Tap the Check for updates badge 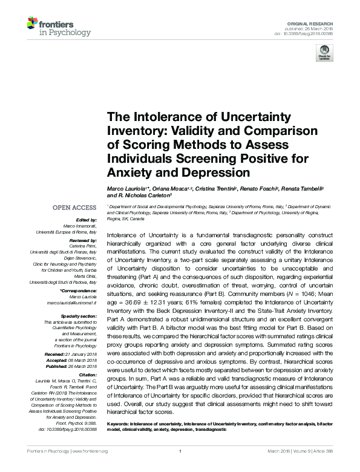[x=324, y=55]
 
